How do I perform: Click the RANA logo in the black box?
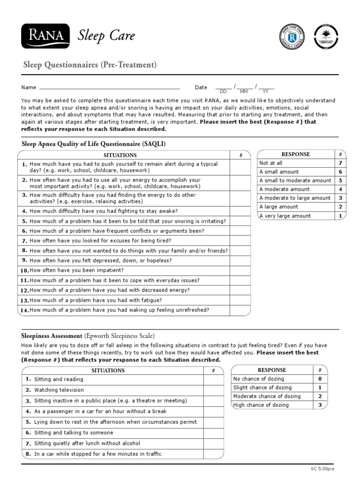tap(45, 35)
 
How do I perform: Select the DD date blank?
tap(223, 88)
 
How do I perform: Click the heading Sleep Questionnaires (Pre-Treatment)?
tap(90, 65)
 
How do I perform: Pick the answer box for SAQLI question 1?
tap(240, 167)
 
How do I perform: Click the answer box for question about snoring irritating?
tap(240, 221)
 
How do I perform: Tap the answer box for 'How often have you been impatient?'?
tap(240, 270)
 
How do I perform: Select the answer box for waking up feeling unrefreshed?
tap(240, 310)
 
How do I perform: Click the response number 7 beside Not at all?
tap(340, 163)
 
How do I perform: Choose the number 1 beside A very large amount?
tap(340, 216)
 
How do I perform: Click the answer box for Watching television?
tap(213, 390)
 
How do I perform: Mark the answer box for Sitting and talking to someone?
tap(213, 433)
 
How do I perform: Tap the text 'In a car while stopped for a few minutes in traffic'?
tap(97, 454)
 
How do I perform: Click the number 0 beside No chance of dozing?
tap(320, 379)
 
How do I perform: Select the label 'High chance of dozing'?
tap(261, 405)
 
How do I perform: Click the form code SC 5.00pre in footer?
tap(323, 469)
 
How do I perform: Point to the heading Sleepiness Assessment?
tap(52, 336)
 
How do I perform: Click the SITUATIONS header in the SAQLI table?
tap(120, 155)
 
